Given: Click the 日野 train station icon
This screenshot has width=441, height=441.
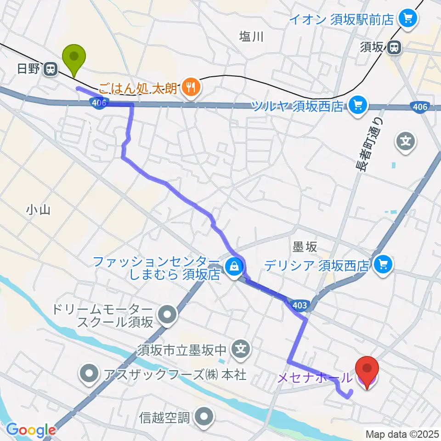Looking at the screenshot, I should coord(51,69).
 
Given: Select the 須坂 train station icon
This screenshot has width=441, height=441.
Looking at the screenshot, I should coord(393,47).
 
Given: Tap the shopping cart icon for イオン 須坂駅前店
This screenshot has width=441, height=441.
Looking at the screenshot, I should coord(407,19).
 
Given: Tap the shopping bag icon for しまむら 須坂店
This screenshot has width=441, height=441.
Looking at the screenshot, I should coord(233,265).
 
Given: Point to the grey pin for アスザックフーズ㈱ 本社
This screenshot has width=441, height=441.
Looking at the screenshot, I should coord(89,373).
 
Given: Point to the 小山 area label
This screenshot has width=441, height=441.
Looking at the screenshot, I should coord(38,210).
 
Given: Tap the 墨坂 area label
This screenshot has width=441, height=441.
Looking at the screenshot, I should coord(305,247).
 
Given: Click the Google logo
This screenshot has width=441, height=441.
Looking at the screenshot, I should coord(31,430).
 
